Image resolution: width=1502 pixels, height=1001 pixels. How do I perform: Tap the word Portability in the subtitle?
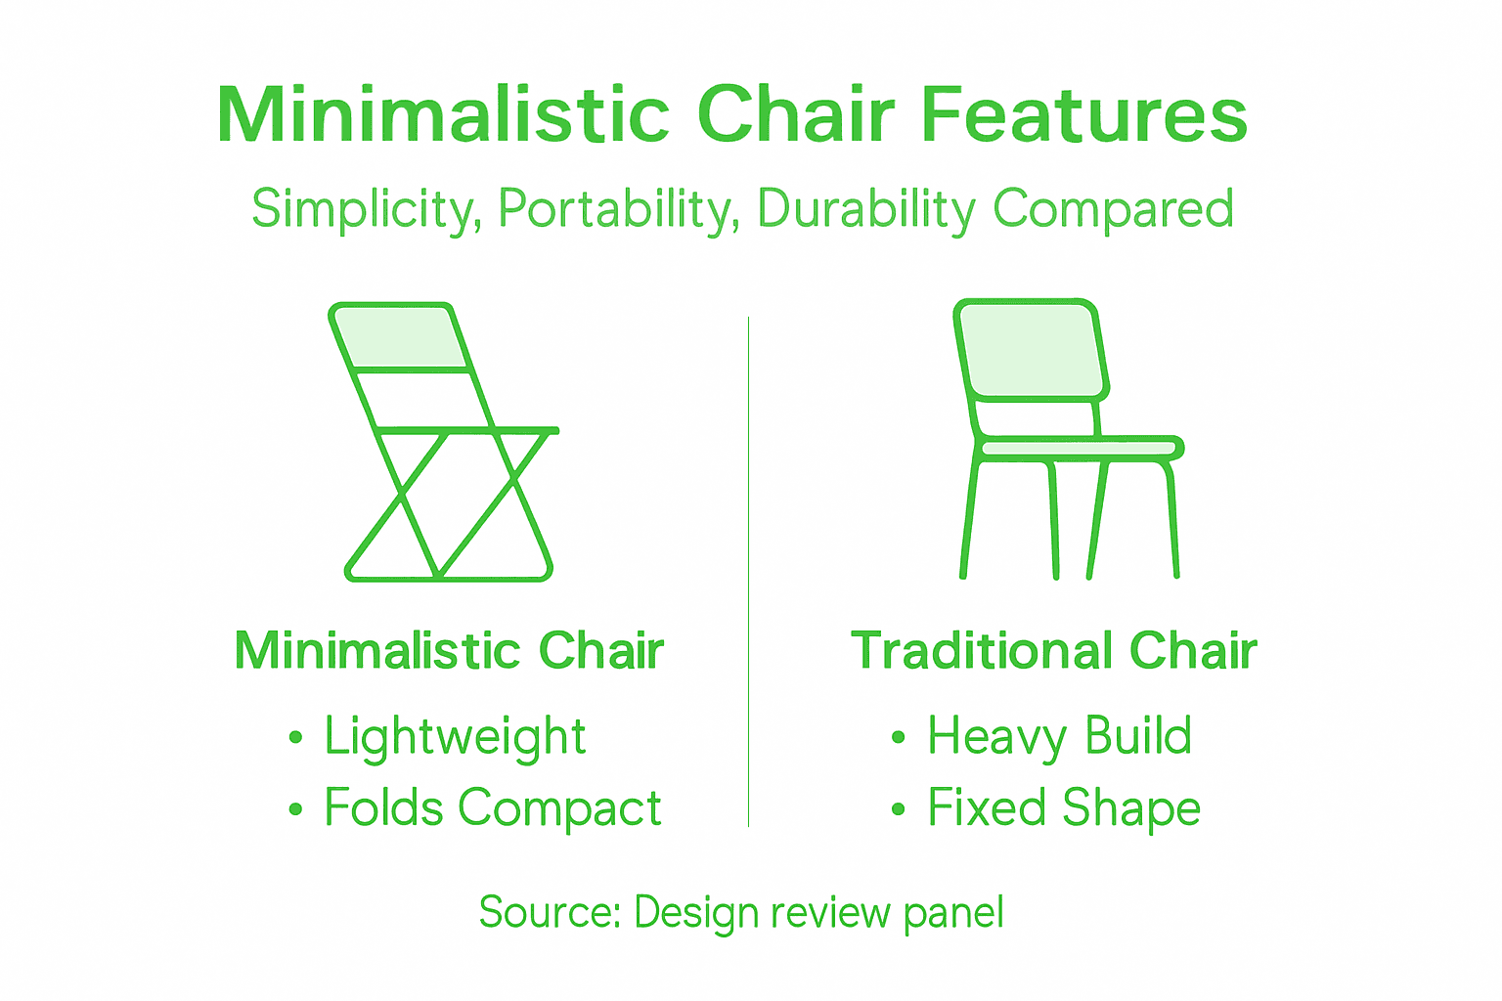(618, 209)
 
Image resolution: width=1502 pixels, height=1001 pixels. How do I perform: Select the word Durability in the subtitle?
(865, 209)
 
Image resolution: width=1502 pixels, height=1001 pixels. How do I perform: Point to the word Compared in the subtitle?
(1113, 209)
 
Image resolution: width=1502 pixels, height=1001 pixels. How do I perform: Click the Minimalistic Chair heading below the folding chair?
(449, 651)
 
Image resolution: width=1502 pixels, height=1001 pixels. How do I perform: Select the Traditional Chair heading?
(1053, 651)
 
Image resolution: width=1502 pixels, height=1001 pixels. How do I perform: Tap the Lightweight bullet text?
(455, 737)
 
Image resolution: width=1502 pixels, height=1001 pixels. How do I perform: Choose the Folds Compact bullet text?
(492, 808)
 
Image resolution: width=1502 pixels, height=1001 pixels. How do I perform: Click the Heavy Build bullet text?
(1059, 736)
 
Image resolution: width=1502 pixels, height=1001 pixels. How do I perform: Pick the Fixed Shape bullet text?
(1063, 808)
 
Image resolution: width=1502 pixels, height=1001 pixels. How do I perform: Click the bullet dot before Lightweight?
(296, 738)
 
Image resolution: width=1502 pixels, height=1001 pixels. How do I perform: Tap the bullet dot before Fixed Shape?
(899, 809)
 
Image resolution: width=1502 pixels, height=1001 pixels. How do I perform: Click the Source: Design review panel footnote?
(741, 913)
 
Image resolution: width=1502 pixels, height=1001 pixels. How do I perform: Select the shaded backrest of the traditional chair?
(1031, 350)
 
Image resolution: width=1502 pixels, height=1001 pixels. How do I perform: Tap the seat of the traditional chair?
(1079, 449)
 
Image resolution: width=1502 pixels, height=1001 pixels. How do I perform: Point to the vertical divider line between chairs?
(749, 572)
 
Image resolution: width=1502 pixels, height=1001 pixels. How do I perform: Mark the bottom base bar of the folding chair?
(448, 577)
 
